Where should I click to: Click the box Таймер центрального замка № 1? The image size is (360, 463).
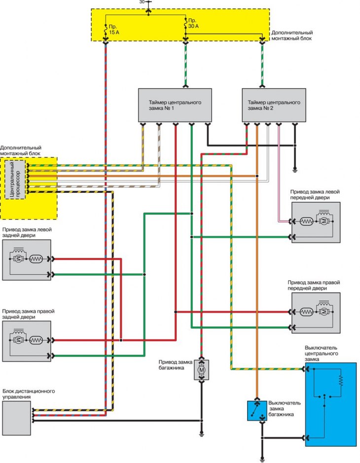[x=175, y=105]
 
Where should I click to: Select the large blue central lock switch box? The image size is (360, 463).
[x=330, y=404]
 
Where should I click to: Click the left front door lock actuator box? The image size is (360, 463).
[x=316, y=222]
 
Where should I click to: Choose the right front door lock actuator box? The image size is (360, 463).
[x=316, y=312]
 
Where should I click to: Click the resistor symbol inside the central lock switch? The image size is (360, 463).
[x=340, y=380]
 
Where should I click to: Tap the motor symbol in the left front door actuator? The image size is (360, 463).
[x=324, y=222]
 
